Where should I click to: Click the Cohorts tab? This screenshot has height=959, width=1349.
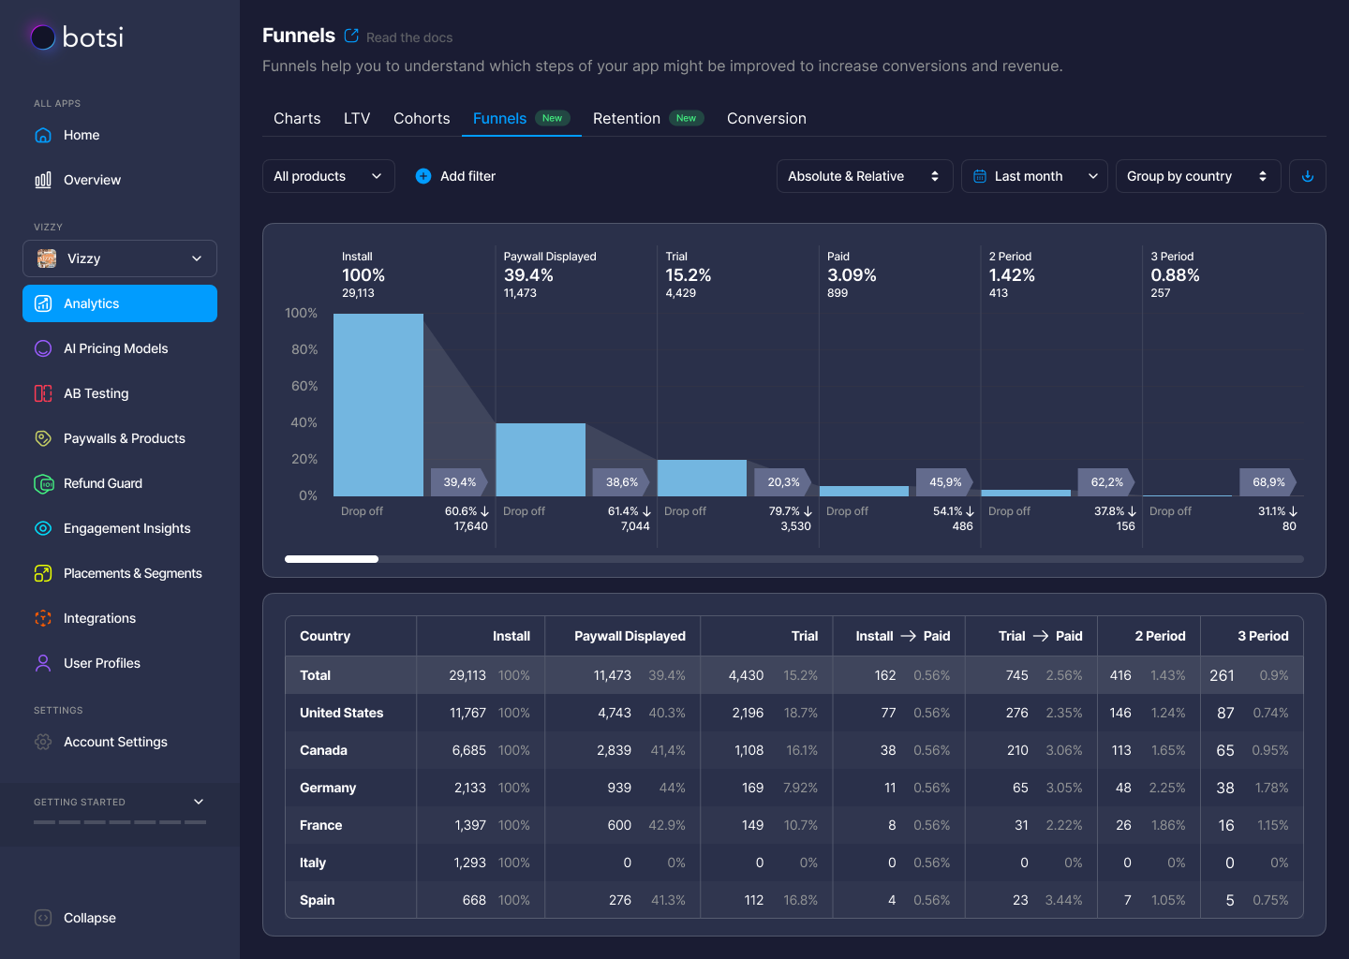(422, 119)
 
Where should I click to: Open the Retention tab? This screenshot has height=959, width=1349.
(627, 119)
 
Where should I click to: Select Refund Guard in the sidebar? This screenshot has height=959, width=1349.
(103, 483)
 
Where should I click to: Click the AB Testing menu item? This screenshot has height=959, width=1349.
(96, 393)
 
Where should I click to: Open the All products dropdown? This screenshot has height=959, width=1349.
(328, 176)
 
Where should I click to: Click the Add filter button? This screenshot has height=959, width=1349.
(455, 176)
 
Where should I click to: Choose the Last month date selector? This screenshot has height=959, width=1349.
(1033, 176)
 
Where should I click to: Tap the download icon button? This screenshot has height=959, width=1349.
(1308, 176)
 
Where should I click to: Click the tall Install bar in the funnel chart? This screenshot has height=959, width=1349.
(378, 405)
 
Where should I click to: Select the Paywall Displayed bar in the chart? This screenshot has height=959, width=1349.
(540, 459)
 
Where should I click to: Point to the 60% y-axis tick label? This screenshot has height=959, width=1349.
(304, 386)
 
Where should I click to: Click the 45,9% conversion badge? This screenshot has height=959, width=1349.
(945, 482)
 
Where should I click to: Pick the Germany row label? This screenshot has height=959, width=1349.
(328, 788)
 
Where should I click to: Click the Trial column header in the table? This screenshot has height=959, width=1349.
(804, 636)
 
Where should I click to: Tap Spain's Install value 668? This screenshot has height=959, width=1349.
(474, 900)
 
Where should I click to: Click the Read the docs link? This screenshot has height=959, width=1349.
(409, 37)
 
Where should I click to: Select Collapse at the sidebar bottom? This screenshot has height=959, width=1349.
(89, 918)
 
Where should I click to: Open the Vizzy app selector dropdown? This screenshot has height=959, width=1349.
(120, 258)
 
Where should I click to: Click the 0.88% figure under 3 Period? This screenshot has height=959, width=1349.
(1175, 275)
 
